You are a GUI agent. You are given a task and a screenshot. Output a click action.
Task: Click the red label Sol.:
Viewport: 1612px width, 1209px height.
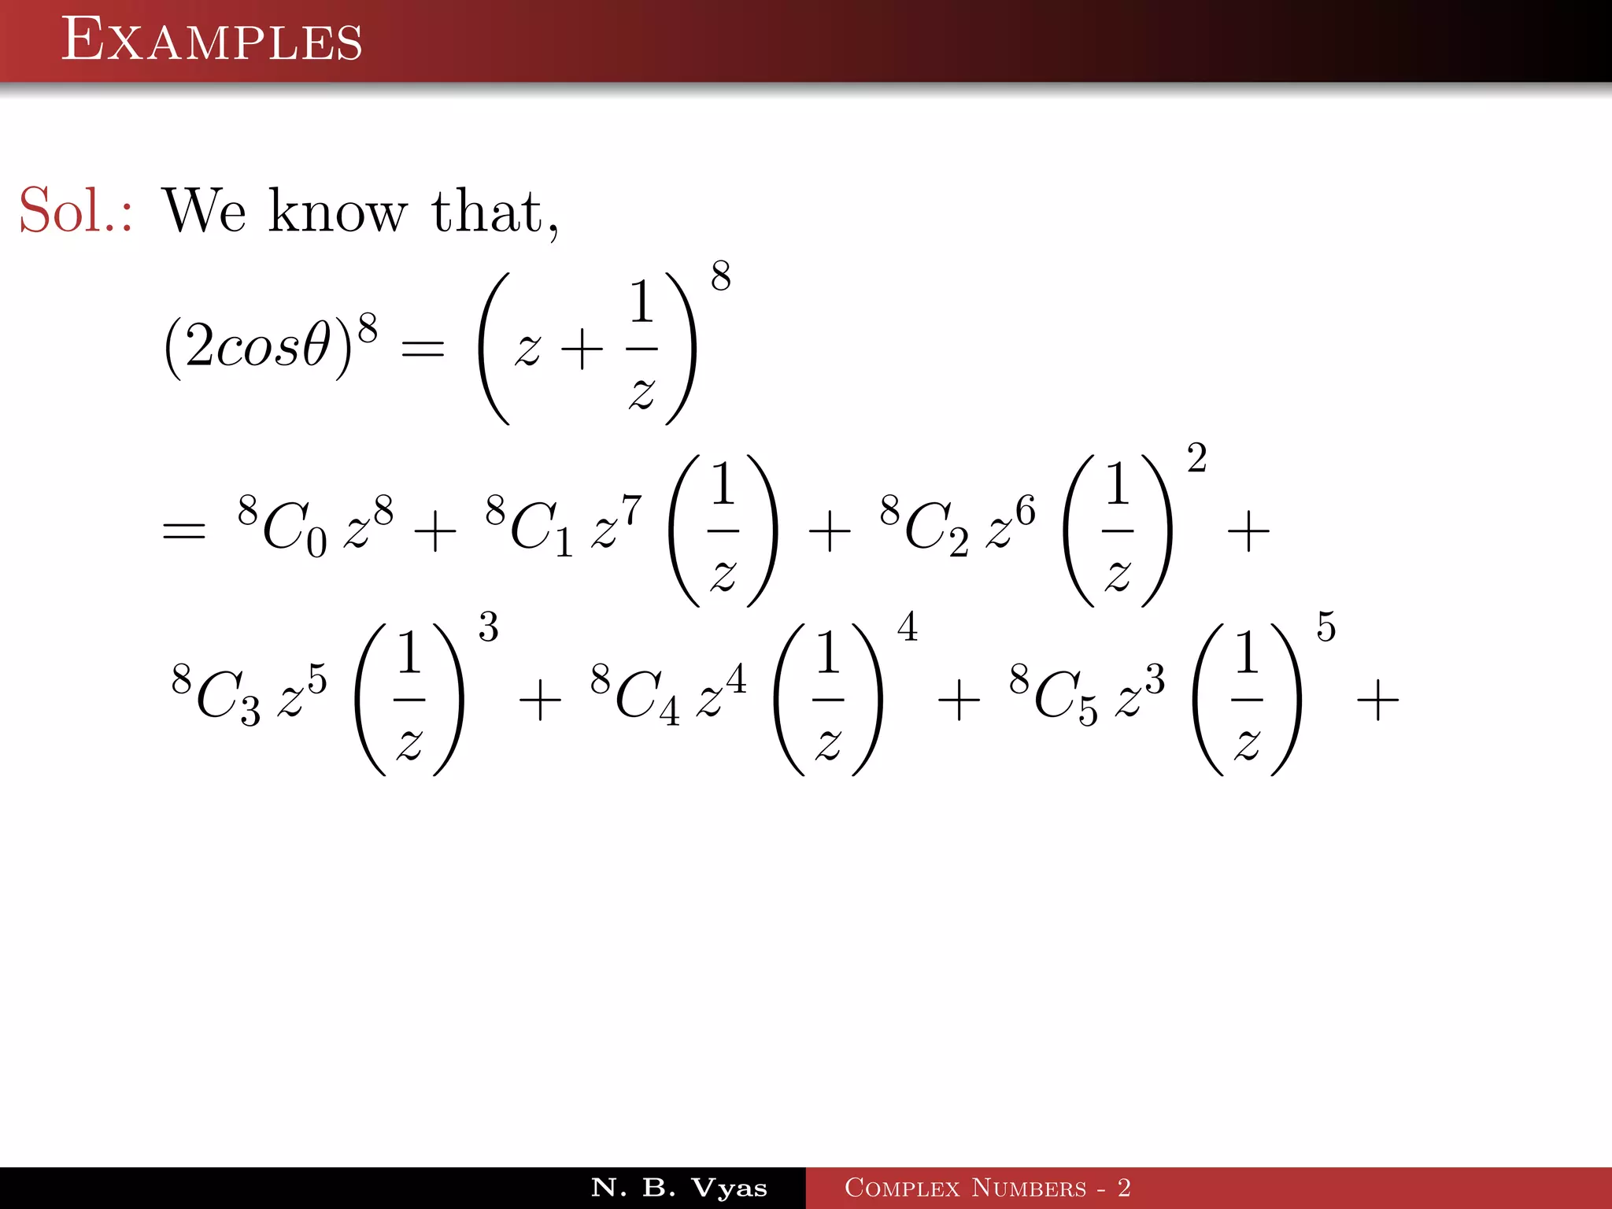(76, 211)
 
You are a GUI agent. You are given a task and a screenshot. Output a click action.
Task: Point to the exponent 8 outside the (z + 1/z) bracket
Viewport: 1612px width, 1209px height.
(720, 276)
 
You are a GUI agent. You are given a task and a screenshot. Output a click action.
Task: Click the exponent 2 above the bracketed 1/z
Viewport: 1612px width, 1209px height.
(1196, 458)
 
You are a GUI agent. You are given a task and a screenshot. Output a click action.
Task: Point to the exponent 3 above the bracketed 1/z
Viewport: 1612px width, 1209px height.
(488, 627)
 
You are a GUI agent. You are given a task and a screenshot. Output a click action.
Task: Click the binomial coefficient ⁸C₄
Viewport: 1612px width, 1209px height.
(634, 694)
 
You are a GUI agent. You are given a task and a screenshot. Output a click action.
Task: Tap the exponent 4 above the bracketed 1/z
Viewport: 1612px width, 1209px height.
(908, 627)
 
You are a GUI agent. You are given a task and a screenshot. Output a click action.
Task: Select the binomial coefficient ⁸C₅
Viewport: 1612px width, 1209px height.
(1053, 694)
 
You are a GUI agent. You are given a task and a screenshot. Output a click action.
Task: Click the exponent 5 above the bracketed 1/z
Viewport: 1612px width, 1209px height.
(1326, 627)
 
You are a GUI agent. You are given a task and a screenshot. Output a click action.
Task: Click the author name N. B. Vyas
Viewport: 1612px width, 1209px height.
(678, 1188)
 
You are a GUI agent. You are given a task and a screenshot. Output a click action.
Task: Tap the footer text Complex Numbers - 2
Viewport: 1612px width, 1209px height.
(987, 1188)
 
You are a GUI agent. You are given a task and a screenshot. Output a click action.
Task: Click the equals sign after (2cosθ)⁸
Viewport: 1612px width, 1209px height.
(423, 349)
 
